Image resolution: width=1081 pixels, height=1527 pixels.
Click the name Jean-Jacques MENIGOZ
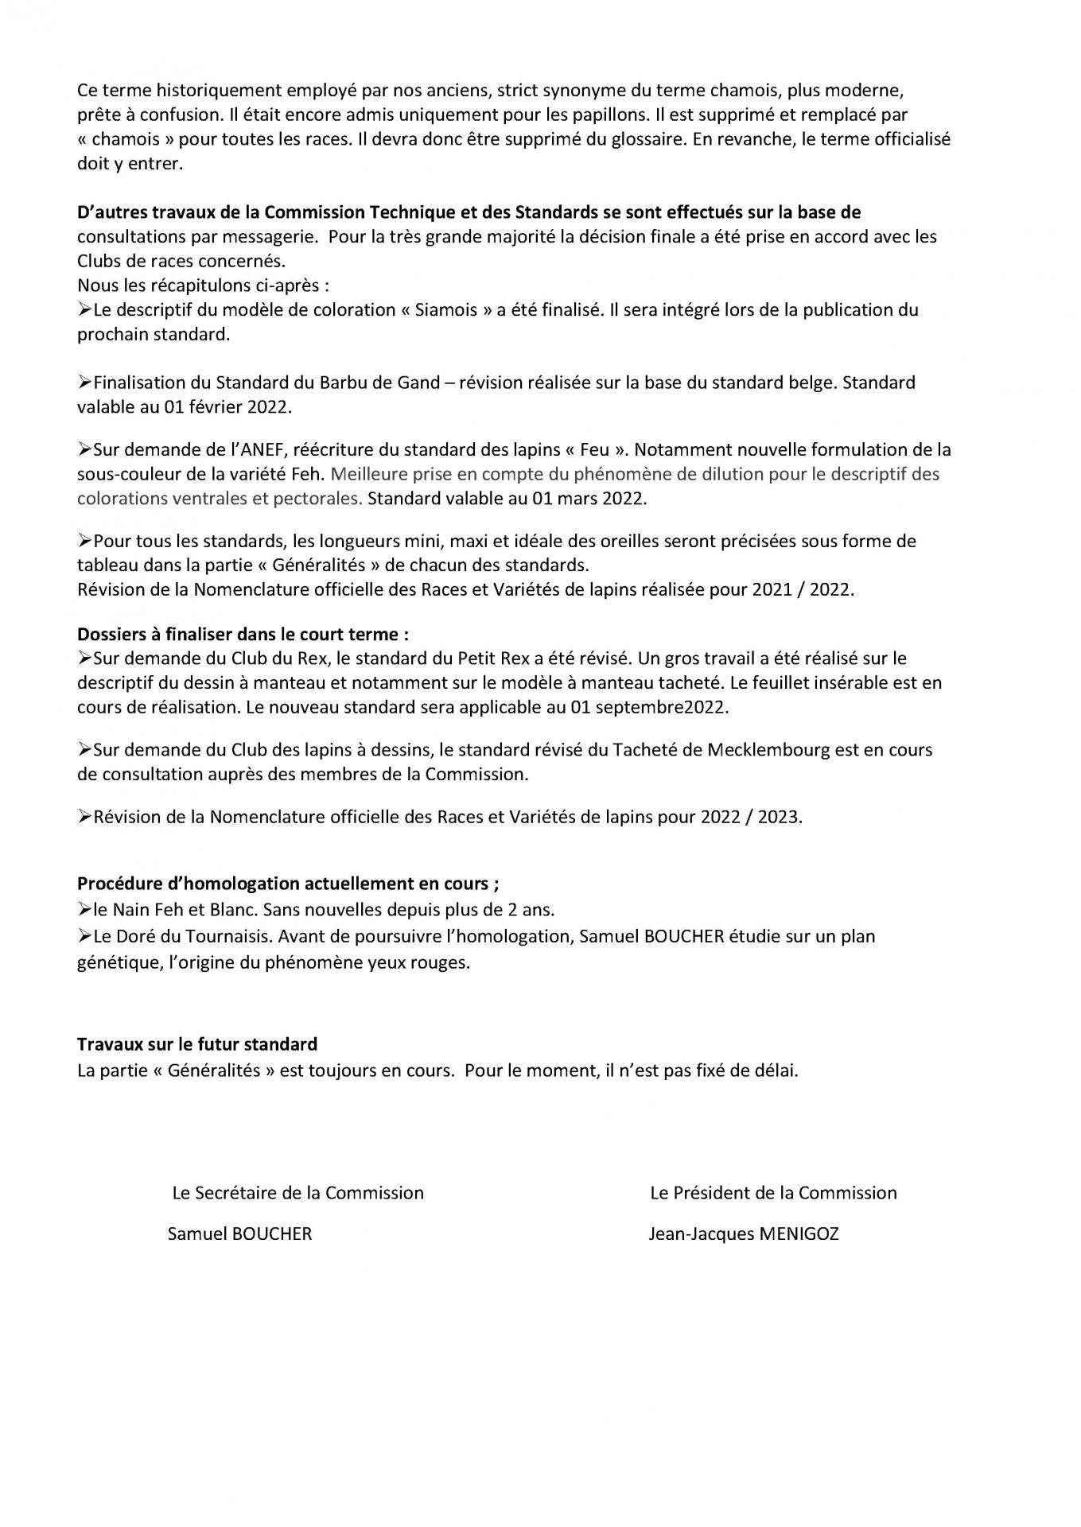743,1234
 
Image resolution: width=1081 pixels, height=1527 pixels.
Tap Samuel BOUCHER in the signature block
239,1234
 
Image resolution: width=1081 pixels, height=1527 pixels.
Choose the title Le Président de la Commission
773,1192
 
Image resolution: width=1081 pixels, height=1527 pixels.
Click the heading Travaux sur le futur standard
197,1043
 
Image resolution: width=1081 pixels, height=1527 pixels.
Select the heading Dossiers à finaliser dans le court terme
243,634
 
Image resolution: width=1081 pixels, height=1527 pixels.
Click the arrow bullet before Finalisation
85,383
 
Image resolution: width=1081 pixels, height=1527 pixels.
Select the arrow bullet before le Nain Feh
85,908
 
